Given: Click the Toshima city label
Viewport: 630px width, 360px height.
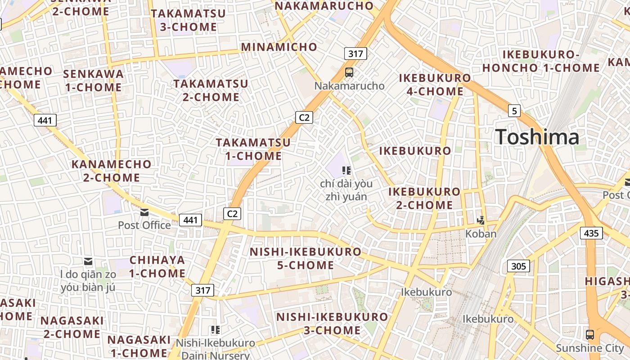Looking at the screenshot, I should click(x=537, y=137).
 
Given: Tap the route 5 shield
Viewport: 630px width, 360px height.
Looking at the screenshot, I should click(x=514, y=110).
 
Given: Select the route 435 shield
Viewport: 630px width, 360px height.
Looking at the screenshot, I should click(x=591, y=233).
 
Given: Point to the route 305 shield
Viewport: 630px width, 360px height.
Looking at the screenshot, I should click(x=518, y=266).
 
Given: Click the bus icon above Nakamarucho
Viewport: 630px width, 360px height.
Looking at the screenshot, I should click(x=349, y=72).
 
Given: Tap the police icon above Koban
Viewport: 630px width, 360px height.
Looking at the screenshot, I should click(x=481, y=220).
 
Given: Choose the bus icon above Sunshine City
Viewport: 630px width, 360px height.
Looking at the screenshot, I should click(x=589, y=335).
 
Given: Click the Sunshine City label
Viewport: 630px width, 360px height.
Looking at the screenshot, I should click(x=590, y=348).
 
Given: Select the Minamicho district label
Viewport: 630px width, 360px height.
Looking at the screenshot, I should click(x=279, y=47).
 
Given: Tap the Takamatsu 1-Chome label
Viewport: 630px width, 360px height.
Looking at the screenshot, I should click(x=253, y=149).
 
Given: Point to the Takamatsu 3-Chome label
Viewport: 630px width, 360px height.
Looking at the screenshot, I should click(x=188, y=20).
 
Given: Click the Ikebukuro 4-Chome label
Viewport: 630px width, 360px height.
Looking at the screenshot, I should click(x=435, y=85).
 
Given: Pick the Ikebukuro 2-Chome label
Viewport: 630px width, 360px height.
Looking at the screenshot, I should click(x=424, y=198).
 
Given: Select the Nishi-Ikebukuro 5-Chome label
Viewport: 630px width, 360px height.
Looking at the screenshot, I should click(x=306, y=258).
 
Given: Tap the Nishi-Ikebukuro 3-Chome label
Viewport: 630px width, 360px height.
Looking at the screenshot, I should click(x=332, y=324).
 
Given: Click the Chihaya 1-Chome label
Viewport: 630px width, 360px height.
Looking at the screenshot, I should click(x=157, y=266).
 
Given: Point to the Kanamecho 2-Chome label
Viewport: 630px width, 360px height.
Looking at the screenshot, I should click(x=112, y=171).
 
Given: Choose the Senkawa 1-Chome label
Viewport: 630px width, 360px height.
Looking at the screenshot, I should click(x=93, y=80).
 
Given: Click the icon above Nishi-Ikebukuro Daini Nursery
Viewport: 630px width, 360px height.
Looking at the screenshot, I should click(x=215, y=330).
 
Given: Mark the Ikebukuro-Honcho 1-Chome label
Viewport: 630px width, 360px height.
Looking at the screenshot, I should click(x=541, y=61).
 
